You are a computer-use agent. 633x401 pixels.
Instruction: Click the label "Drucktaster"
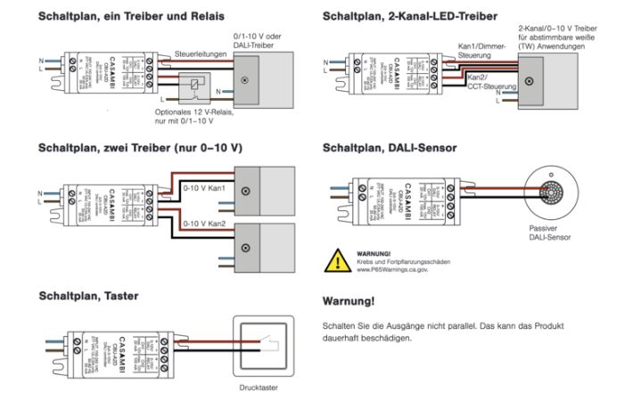pos(259,389)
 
